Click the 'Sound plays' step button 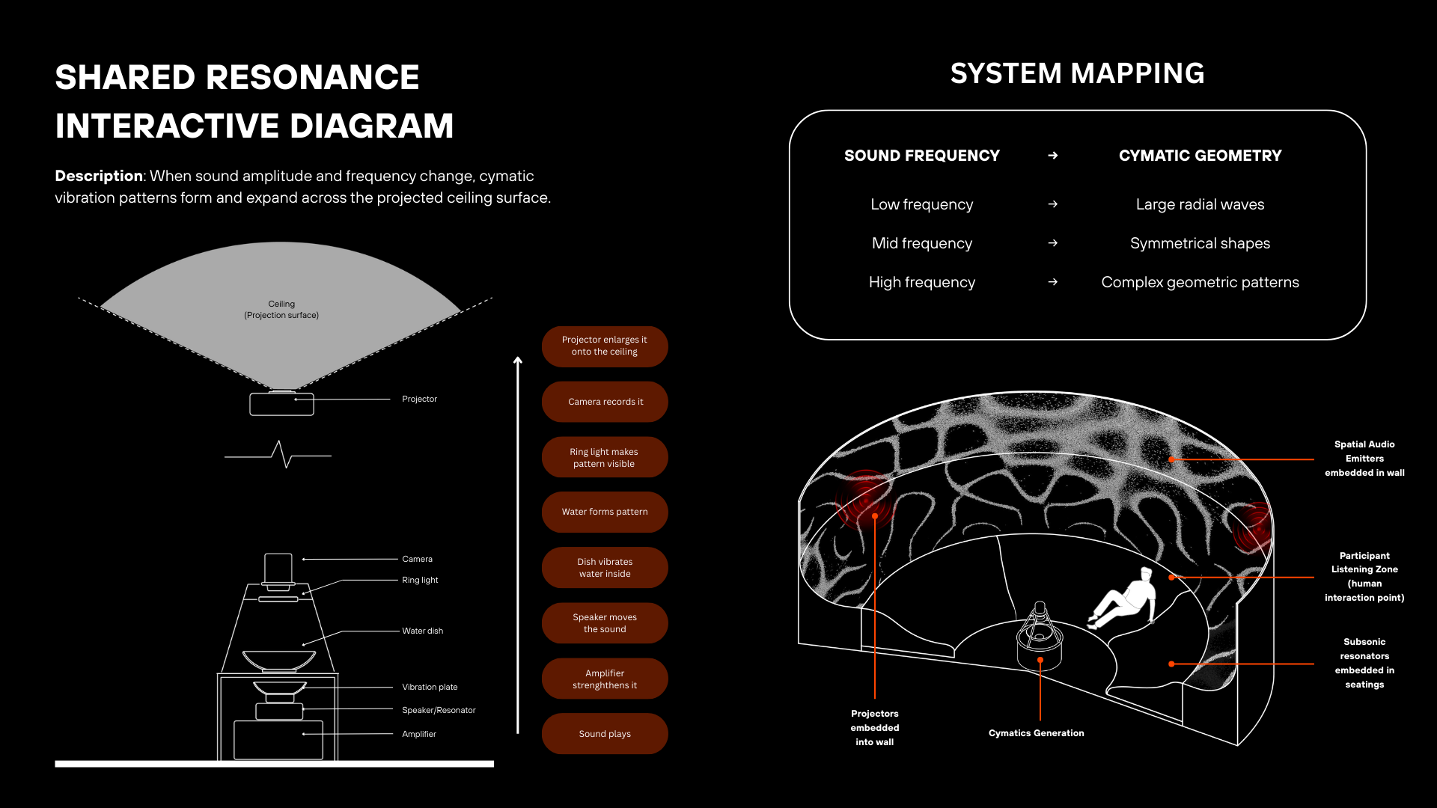click(605, 734)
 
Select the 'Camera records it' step click(605, 402)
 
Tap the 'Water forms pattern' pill click(605, 512)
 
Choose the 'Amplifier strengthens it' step click(605, 679)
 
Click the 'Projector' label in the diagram click(419, 399)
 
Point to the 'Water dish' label click(422, 631)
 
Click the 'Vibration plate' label click(430, 687)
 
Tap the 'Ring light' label click(420, 580)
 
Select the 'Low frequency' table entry click(921, 204)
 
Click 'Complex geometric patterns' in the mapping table click(1200, 282)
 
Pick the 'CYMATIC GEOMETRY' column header click(1200, 156)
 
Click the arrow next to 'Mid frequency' click(1052, 243)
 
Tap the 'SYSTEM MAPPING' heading click(1077, 73)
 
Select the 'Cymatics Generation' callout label click(1036, 733)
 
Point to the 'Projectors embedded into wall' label click(874, 727)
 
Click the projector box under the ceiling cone click(281, 404)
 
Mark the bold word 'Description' click(98, 176)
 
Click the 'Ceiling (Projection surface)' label click(281, 309)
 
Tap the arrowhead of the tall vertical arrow click(518, 361)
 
